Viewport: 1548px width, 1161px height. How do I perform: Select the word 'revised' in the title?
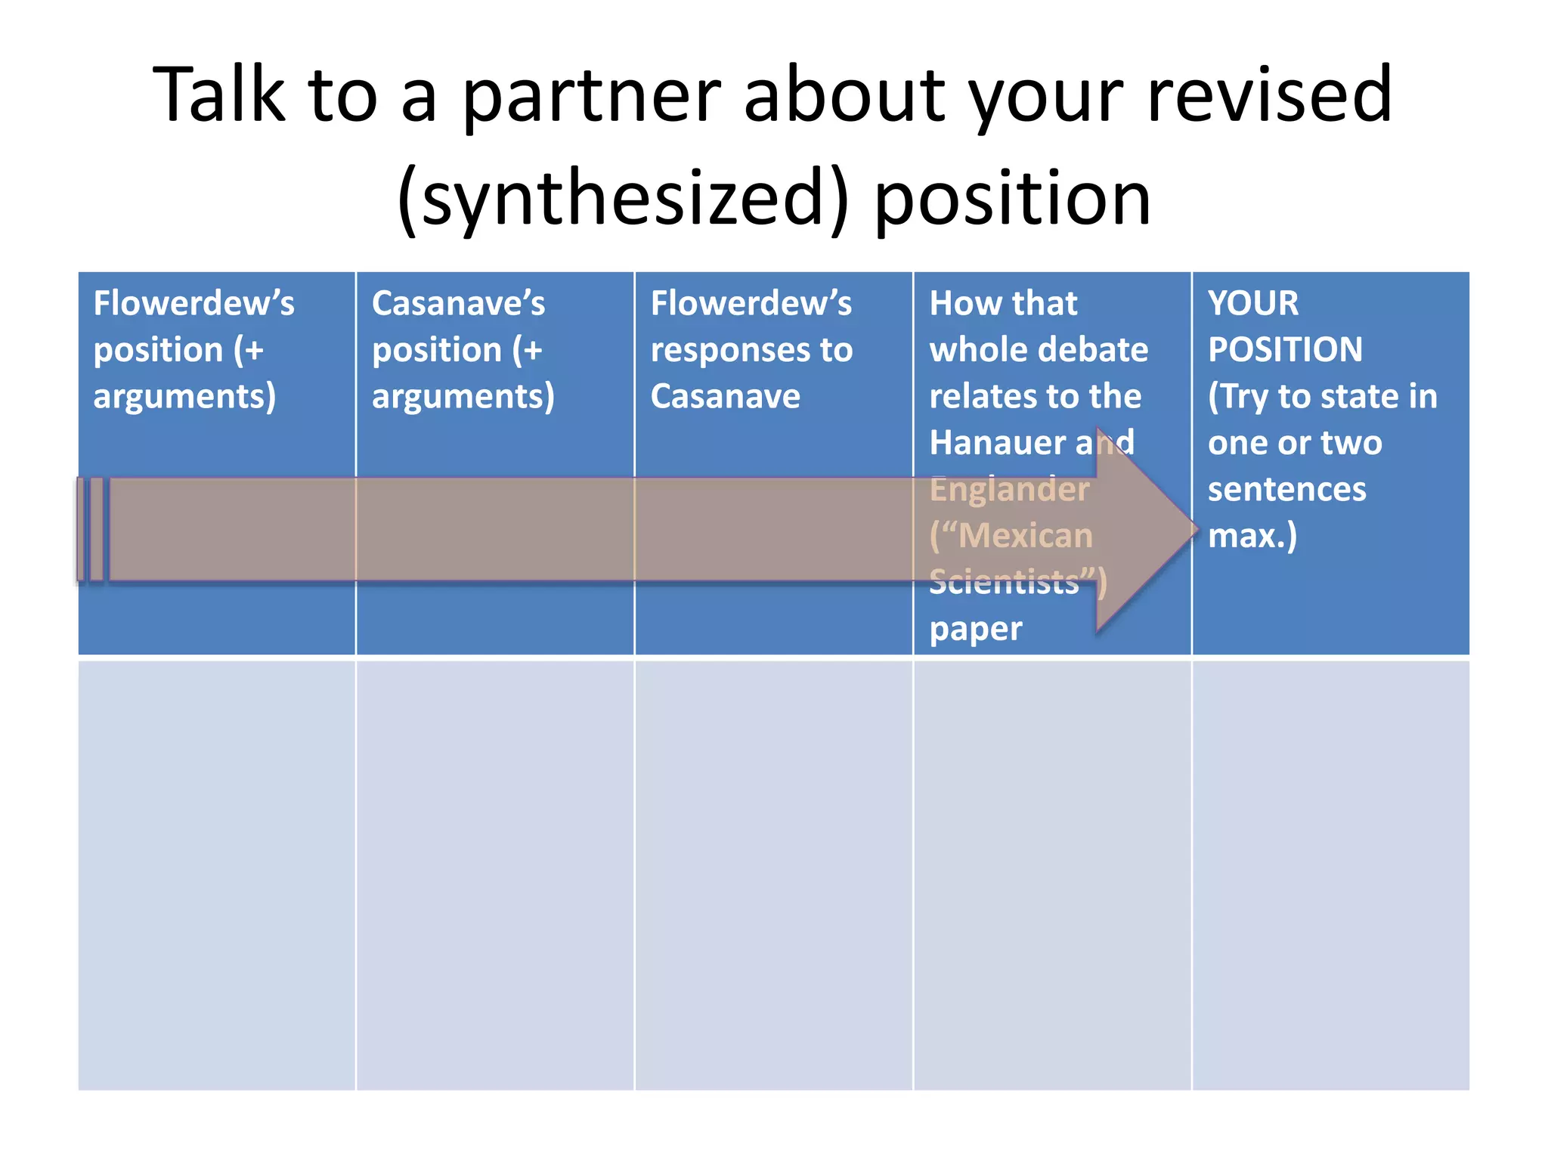pyautogui.click(x=1269, y=96)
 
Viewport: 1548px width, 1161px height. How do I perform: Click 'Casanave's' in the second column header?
pyautogui.click(x=458, y=304)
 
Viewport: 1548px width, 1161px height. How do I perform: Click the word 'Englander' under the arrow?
pyautogui.click(x=1009, y=490)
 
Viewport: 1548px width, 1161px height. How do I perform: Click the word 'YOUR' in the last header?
pyautogui.click(x=1253, y=304)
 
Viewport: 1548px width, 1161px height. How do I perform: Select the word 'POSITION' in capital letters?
pyautogui.click(x=1285, y=351)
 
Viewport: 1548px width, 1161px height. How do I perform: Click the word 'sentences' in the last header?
pyautogui.click(x=1286, y=490)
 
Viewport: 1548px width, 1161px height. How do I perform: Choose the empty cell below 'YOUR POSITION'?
pyautogui.click(x=1330, y=875)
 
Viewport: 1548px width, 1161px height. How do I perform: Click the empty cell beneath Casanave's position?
pyautogui.click(x=494, y=875)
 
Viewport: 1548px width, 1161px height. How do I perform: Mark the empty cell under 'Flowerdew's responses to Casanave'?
pyautogui.click(x=773, y=875)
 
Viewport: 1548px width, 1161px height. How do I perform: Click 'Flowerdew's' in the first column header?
pyautogui.click(x=193, y=304)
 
